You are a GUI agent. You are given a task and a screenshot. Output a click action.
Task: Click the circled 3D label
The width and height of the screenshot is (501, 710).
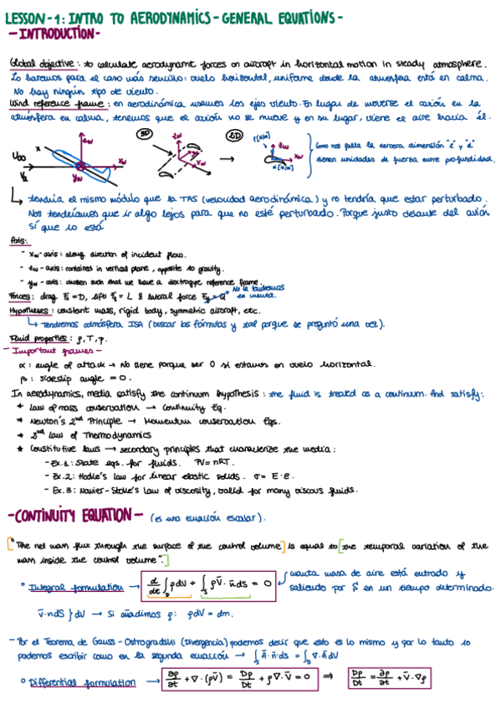(144, 133)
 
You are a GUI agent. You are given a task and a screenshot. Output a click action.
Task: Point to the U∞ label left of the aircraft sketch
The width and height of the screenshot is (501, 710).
(20, 156)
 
